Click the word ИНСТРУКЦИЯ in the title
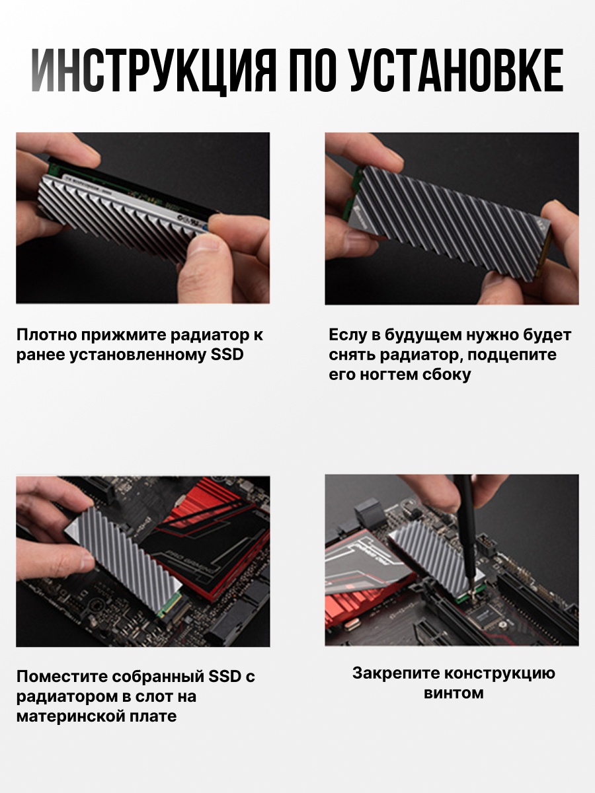(x=154, y=71)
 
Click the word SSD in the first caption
(x=227, y=355)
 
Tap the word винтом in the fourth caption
(x=454, y=694)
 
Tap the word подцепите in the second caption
(x=512, y=355)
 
